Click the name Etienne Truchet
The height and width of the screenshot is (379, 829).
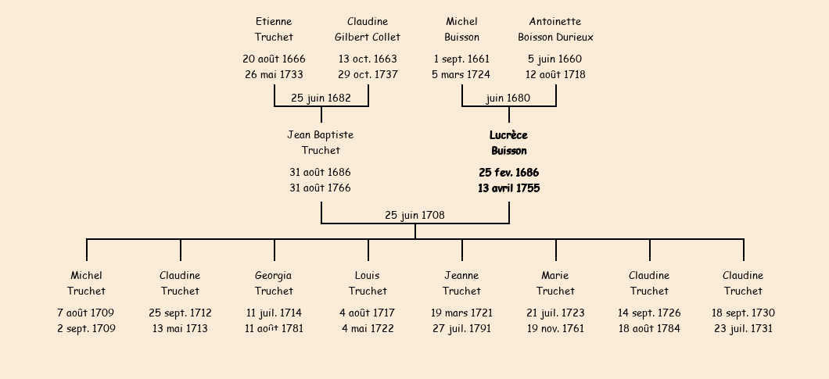coord(274,29)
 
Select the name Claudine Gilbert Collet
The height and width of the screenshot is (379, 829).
coord(368,29)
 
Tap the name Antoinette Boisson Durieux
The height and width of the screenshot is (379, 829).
coord(555,29)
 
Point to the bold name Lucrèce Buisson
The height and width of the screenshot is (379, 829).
coord(508,143)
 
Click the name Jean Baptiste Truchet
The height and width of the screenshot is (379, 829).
coord(321,143)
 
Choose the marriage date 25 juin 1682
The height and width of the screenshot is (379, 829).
coord(321,98)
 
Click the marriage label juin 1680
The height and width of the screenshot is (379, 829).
coord(508,98)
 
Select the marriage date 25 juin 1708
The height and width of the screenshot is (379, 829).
coord(415,215)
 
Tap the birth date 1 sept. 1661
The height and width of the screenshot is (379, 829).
coord(461,59)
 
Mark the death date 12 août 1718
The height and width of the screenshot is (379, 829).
coord(555,74)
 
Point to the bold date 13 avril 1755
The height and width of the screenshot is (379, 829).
coord(508,188)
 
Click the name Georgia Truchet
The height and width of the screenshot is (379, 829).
coord(274,283)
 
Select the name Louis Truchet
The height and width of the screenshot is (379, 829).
coord(368,283)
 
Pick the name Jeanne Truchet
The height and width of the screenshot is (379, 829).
coord(461,283)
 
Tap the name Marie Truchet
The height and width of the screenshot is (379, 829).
coord(555,283)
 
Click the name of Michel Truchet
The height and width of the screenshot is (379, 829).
coord(86,283)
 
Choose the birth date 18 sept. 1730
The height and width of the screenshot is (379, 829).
coord(743,313)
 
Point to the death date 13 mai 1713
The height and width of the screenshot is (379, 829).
coord(180,328)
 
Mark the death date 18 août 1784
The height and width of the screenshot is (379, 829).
coord(649,328)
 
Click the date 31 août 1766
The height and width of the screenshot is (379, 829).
coord(320,188)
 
